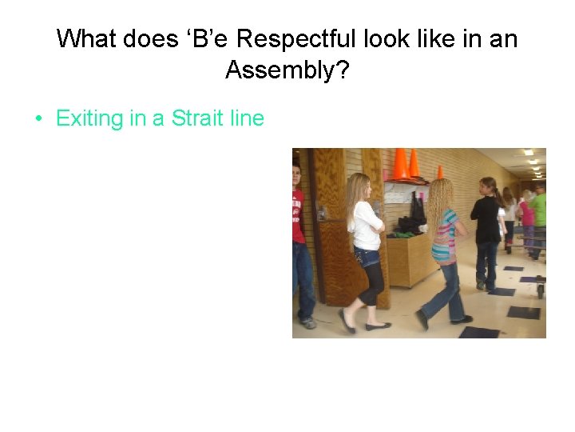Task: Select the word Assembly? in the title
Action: click(287, 70)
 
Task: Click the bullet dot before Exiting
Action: click(38, 119)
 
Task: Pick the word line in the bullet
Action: click(247, 118)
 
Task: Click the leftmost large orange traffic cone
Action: click(400, 164)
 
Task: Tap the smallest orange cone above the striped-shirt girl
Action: click(439, 172)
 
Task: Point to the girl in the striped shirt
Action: click(444, 248)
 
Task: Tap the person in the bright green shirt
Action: click(540, 212)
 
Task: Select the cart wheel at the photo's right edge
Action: click(541, 290)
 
